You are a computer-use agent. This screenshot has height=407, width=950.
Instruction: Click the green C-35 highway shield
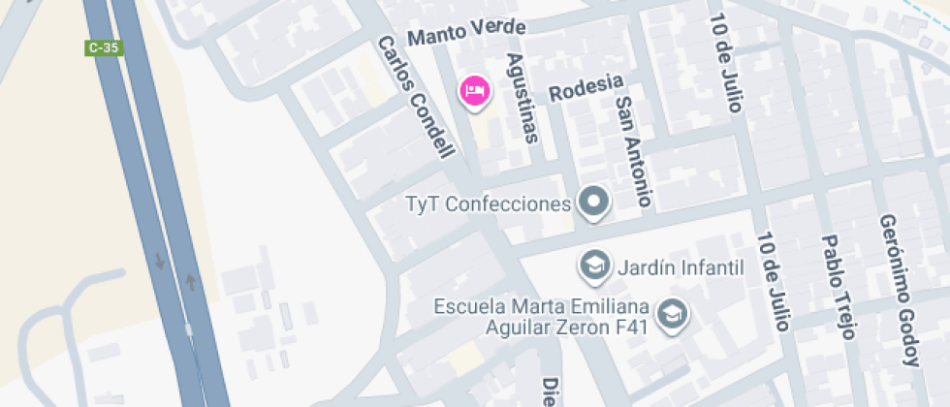pos(104,47)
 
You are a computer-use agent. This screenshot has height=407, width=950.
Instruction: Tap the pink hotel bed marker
pos(475,91)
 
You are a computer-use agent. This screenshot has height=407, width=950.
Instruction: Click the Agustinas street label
pos(522,97)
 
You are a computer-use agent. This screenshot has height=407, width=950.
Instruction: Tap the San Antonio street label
pos(631,151)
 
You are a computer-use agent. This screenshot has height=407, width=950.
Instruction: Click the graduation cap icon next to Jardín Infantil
pos(592,264)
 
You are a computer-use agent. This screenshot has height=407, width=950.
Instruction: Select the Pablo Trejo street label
pos(838,286)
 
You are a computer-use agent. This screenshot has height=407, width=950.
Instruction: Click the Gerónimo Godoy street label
pos(899,290)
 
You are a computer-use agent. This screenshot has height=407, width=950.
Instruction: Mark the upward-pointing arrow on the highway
pos(191,282)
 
